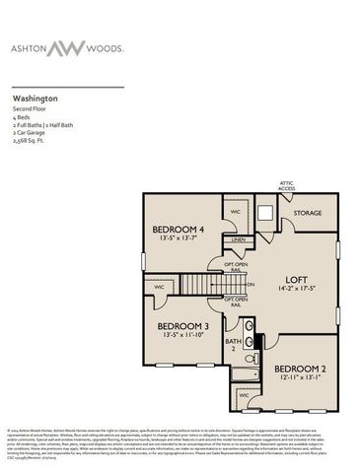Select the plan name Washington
pos(34,100)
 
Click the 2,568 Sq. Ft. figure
pos(29,140)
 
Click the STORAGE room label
pos(308,212)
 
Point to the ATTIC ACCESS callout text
pos(287,187)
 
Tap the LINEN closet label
pos(238,239)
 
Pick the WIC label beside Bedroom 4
pos(237,211)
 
